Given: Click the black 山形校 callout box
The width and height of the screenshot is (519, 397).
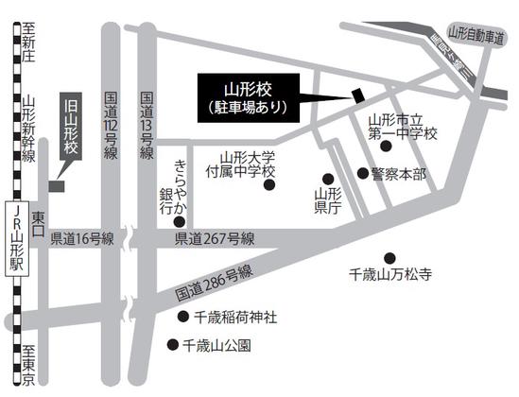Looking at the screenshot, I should (246, 97).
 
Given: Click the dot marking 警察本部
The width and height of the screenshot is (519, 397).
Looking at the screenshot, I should (362, 173).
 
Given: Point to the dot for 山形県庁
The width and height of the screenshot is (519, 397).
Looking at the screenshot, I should (328, 179).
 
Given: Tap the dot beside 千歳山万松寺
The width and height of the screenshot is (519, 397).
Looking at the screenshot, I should (389, 257).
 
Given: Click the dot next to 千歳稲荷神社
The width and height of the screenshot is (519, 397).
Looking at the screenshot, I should (182, 316).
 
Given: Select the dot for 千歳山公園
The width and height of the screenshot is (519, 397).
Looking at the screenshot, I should (172, 345).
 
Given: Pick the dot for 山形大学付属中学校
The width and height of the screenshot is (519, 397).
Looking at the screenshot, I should (268, 185).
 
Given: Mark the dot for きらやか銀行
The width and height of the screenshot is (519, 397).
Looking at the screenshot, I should (180, 221).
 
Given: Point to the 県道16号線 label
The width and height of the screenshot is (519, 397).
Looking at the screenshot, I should (82, 241).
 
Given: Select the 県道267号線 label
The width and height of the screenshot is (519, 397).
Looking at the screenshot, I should (215, 241).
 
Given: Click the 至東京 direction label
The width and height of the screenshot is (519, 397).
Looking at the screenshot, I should (27, 363).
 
